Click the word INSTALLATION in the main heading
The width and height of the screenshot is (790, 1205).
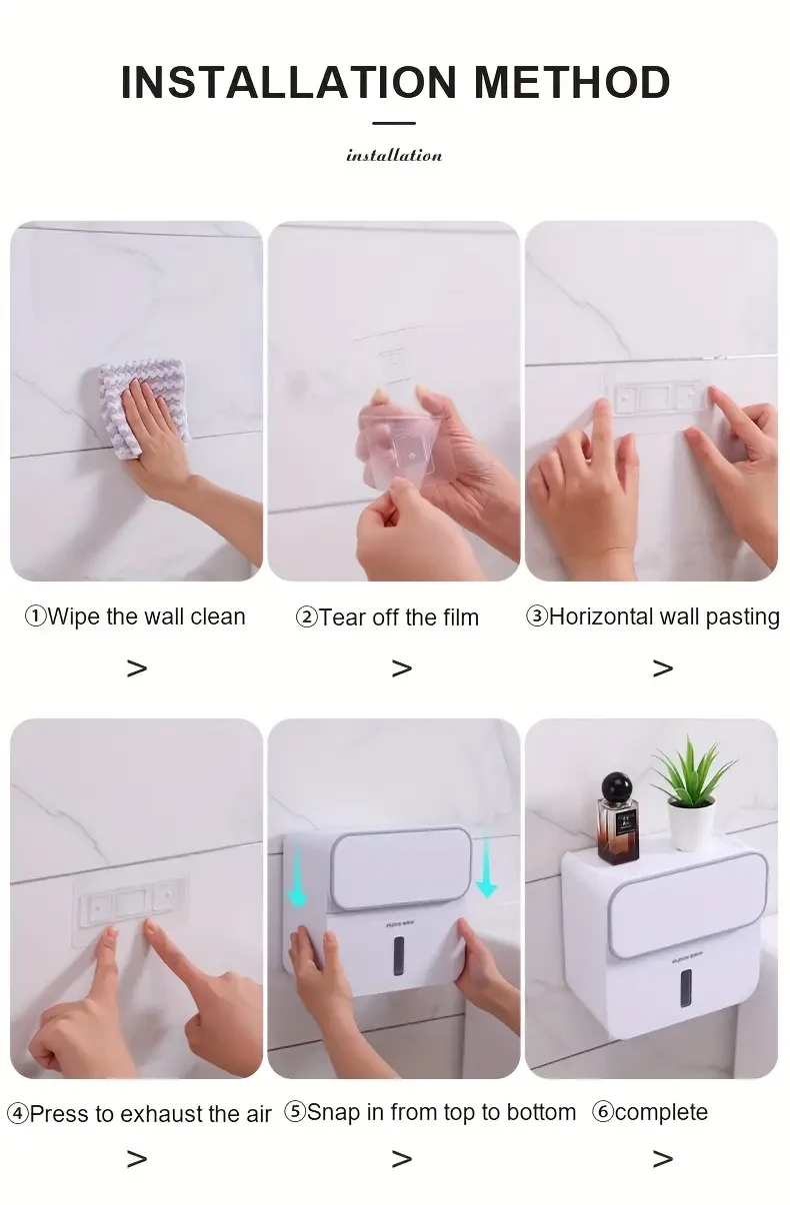click(288, 82)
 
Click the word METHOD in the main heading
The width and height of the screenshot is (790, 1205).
click(572, 82)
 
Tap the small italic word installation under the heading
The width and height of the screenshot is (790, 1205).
click(394, 155)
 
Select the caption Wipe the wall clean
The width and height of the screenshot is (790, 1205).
click(135, 616)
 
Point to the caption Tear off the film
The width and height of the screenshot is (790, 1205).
click(387, 617)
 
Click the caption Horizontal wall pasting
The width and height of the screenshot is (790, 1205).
click(652, 616)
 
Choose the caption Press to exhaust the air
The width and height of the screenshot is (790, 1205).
click(139, 1114)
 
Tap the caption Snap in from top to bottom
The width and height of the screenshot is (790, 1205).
click(430, 1112)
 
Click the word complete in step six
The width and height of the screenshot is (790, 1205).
click(660, 1112)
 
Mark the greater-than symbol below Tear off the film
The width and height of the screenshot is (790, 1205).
click(401, 668)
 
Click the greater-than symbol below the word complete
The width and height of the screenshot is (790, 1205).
click(662, 1159)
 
